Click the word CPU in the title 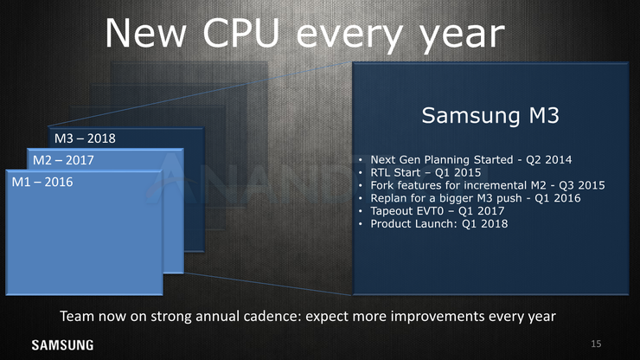tap(240, 33)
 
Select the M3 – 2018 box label tap(85, 138)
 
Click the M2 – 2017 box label tap(63, 160)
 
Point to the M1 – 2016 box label tap(42, 182)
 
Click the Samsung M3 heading tap(490, 116)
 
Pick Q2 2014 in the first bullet tap(548, 160)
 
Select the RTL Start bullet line tap(426, 172)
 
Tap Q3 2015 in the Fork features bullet tap(582, 185)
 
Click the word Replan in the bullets tap(388, 198)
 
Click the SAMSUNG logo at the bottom tap(62, 345)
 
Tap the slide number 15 tap(596, 344)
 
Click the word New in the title tap(145, 33)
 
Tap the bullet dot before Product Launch tap(361, 224)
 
